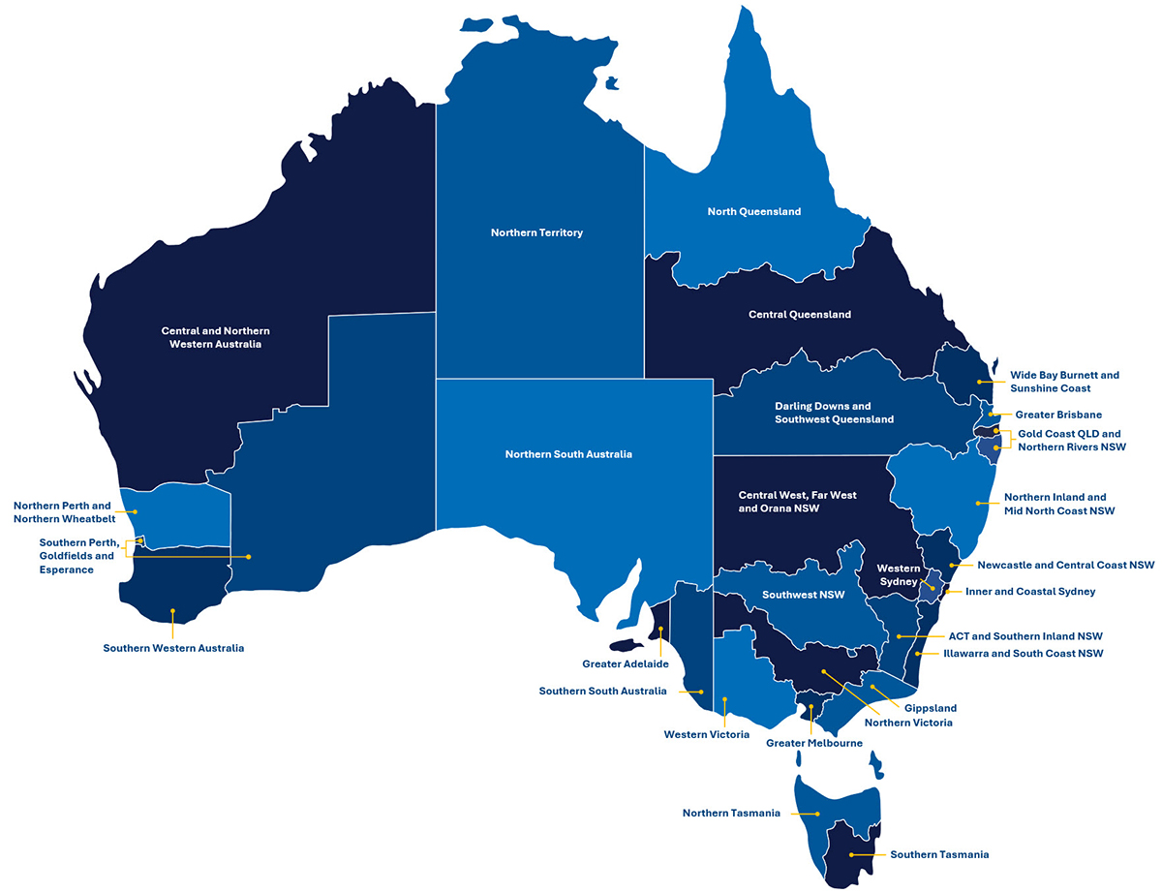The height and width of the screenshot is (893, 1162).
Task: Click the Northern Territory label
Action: pyautogui.click(x=536, y=232)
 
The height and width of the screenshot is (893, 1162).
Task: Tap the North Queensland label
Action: pyautogui.click(x=753, y=211)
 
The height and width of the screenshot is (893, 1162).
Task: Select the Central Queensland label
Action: pyautogui.click(x=800, y=315)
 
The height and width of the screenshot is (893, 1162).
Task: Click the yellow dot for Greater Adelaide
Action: pyautogui.click(x=661, y=631)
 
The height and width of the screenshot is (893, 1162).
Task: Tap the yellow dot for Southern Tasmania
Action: pyautogui.click(x=851, y=854)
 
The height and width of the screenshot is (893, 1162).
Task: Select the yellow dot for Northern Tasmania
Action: pyautogui.click(x=819, y=814)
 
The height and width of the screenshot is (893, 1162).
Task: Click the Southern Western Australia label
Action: pyautogui.click(x=173, y=648)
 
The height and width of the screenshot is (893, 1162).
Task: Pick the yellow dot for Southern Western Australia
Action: pyautogui.click(x=172, y=611)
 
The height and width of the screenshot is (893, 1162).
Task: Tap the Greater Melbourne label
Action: pyautogui.click(x=813, y=743)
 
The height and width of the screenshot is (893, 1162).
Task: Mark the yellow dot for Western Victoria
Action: pyautogui.click(x=725, y=699)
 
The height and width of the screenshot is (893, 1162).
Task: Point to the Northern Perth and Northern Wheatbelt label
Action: pyautogui.click(x=62, y=511)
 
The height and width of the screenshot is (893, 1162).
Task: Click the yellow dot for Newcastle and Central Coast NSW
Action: pyautogui.click(x=954, y=565)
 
